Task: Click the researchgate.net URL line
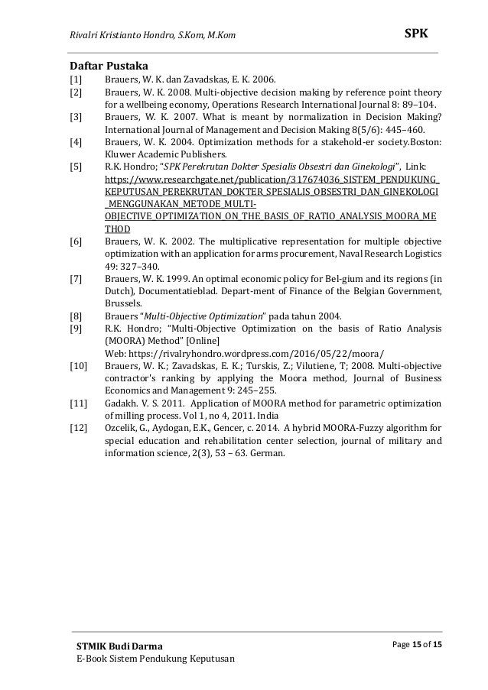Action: [x=272, y=180]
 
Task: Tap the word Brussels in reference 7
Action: [x=124, y=302]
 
